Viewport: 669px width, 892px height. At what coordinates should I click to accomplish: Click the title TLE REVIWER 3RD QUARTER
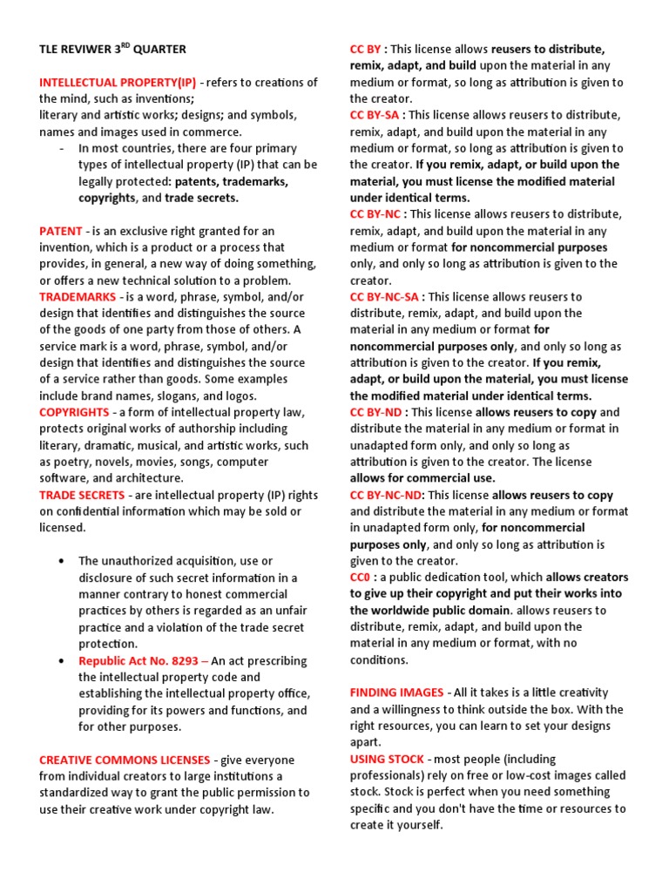[x=112, y=49]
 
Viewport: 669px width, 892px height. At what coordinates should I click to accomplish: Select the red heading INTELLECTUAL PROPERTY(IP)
[x=118, y=82]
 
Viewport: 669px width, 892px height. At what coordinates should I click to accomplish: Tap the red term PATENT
[x=60, y=231]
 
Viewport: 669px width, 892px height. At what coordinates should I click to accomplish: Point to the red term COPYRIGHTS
[x=74, y=412]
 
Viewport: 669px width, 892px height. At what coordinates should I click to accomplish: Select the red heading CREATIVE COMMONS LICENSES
[x=125, y=760]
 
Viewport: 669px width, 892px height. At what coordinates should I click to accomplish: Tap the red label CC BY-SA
[x=376, y=115]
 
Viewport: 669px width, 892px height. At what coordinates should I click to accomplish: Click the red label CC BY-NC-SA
[x=384, y=297]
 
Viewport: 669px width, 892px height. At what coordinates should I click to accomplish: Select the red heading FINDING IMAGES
[x=396, y=693]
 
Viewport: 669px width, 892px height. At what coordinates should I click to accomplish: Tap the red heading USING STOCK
[x=385, y=760]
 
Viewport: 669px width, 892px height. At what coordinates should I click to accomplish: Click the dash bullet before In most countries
[x=61, y=148]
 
